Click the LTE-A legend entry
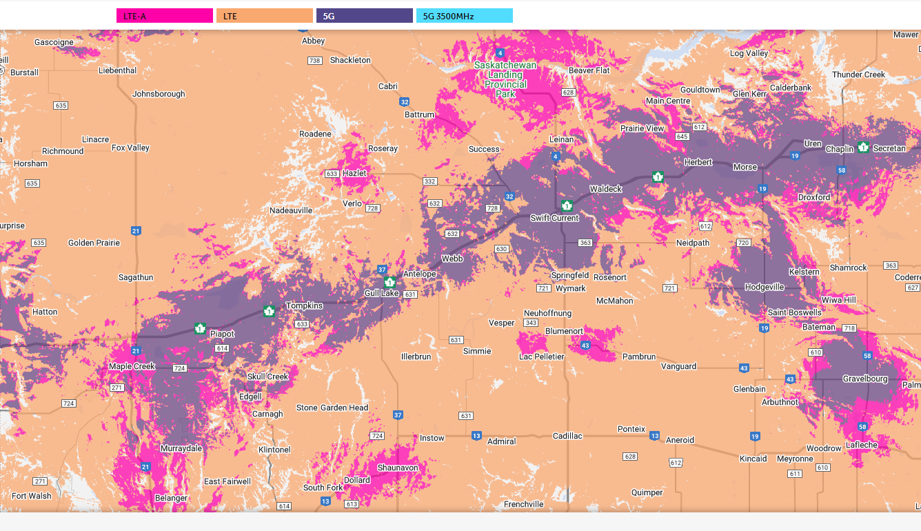pos(165,16)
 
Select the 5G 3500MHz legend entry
pos(464,16)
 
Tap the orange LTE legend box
pos(265,16)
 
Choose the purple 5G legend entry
pos(364,16)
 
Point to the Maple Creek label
pos(132,366)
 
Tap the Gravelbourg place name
pos(865,379)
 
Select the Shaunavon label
pos(398,468)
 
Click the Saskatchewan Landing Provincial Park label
pos(505,79)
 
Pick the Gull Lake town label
pos(381,293)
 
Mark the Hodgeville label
pos(765,287)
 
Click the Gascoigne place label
pos(54,42)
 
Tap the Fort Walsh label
pos(32,496)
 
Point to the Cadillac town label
pos(567,436)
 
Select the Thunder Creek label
pos(858,74)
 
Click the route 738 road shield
pos(315,61)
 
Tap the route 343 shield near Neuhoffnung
pos(531,323)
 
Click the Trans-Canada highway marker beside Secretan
pos(863,147)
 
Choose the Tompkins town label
pos(304,305)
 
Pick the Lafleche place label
pos(862,445)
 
